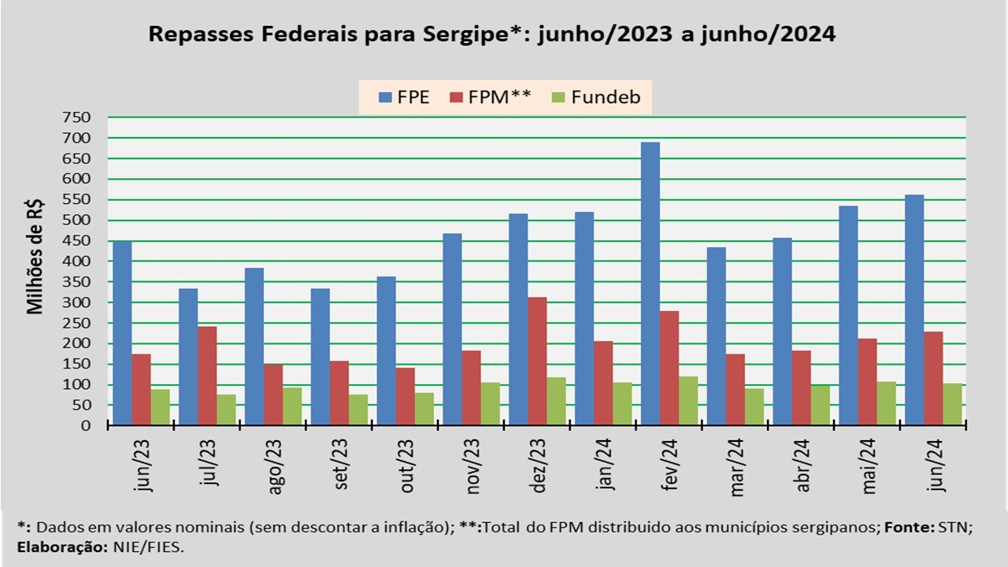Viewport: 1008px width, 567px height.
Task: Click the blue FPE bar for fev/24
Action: tap(650, 283)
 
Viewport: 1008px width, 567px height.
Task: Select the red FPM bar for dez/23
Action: tap(537, 361)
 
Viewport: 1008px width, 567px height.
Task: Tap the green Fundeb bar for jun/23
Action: tap(161, 407)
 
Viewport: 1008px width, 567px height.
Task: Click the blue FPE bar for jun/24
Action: tap(913, 310)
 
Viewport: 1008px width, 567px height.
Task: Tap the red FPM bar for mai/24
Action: tap(867, 382)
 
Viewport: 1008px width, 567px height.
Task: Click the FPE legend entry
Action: tap(403, 98)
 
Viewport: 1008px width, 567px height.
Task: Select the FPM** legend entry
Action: tap(489, 98)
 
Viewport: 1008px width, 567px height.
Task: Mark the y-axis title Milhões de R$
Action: tap(35, 256)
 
